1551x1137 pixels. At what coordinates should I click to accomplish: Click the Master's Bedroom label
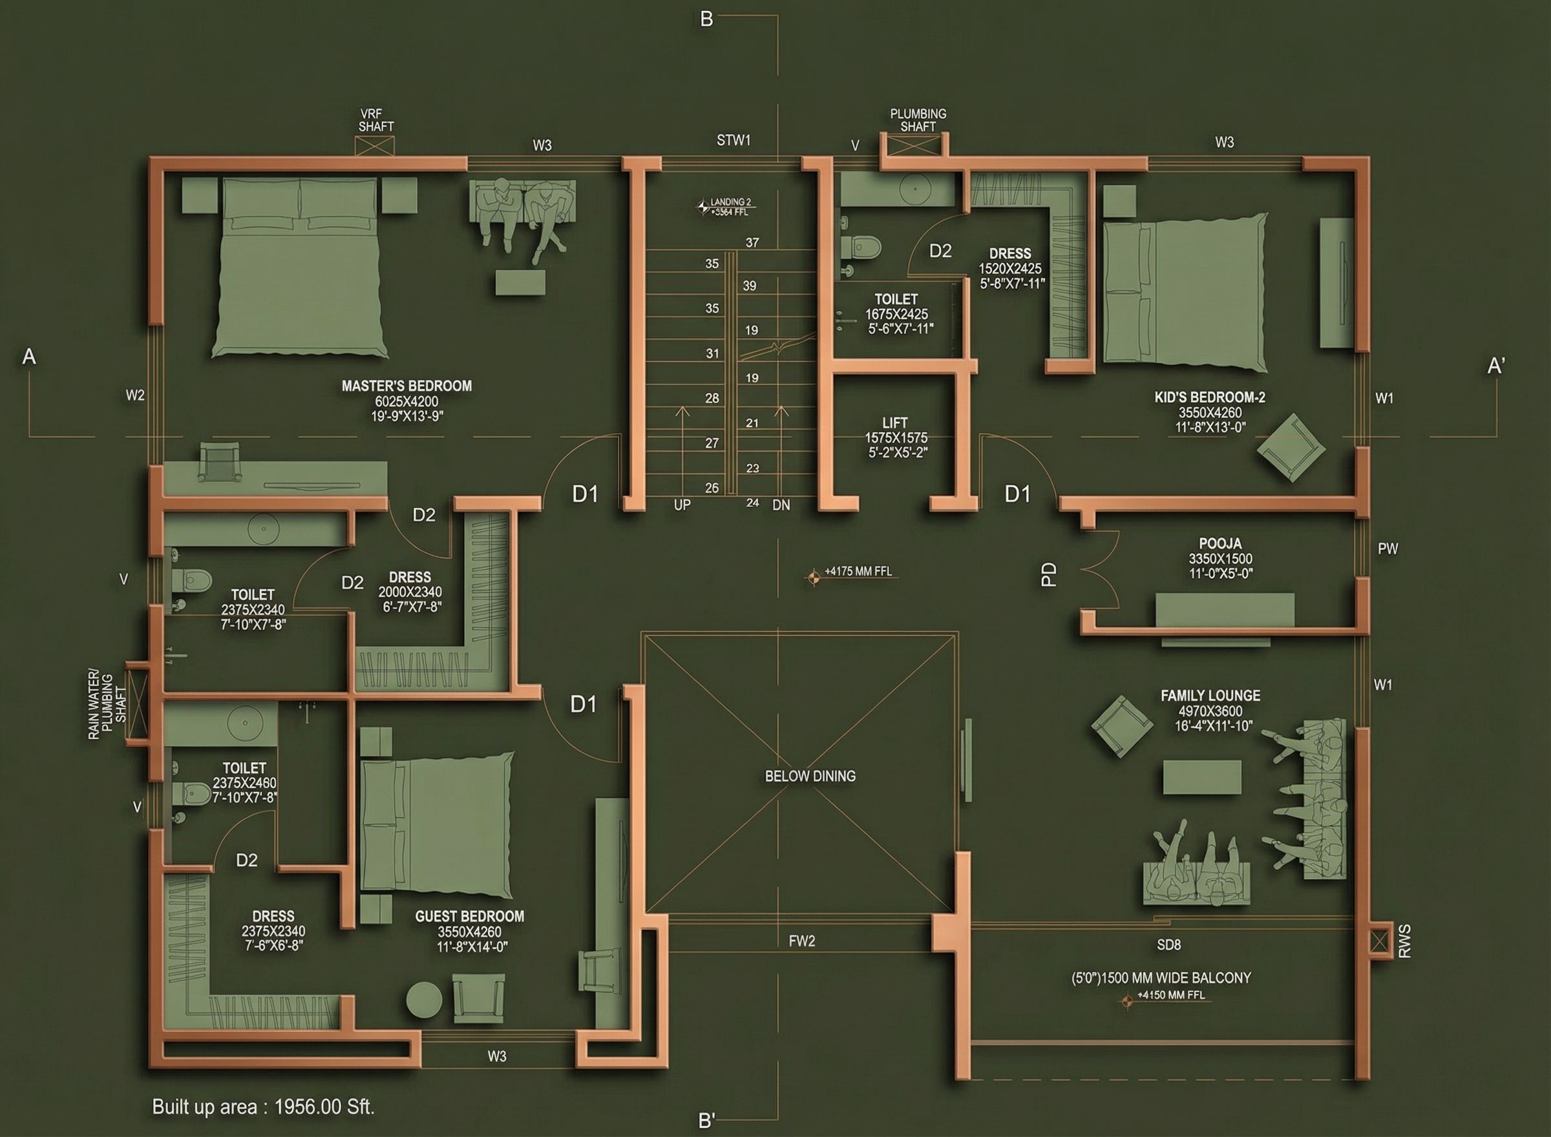pyautogui.click(x=407, y=386)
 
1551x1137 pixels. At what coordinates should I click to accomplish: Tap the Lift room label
pyautogui.click(x=895, y=422)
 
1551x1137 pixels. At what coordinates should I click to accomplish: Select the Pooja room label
pyautogui.click(x=1220, y=544)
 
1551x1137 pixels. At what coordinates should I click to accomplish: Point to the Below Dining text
pyautogui.click(x=810, y=777)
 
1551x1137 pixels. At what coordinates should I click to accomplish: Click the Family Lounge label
pyautogui.click(x=1210, y=696)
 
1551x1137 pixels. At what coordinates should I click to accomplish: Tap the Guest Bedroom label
pyautogui.click(x=469, y=917)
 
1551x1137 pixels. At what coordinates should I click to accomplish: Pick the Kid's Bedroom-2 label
pyautogui.click(x=1210, y=397)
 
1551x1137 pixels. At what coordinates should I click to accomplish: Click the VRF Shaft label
pyautogui.click(x=376, y=120)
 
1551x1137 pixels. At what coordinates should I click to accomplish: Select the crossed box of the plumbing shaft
pyautogui.click(x=914, y=147)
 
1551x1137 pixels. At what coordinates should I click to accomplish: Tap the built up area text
pyautogui.click(x=263, y=1107)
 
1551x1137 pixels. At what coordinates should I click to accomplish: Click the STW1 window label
pyautogui.click(x=733, y=140)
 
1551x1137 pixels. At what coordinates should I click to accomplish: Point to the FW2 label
pyautogui.click(x=802, y=941)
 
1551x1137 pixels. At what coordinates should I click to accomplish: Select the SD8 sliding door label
pyautogui.click(x=1168, y=945)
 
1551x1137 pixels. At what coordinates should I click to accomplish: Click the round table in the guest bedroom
pyautogui.click(x=424, y=999)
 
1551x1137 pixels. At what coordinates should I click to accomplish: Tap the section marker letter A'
pyautogui.click(x=1495, y=366)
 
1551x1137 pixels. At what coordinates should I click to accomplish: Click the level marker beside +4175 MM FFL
pyautogui.click(x=813, y=577)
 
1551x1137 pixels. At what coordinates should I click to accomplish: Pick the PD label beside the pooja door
pyautogui.click(x=1048, y=575)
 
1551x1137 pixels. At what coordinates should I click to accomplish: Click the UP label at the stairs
pyautogui.click(x=682, y=505)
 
